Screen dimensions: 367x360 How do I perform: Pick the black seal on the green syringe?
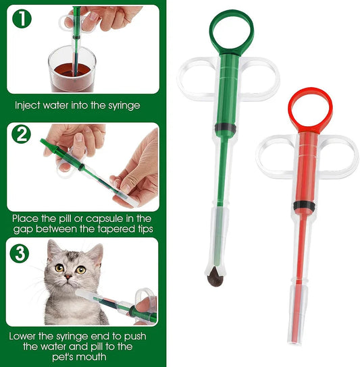(x=225, y=127)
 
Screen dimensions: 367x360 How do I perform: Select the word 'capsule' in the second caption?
(x=111, y=219)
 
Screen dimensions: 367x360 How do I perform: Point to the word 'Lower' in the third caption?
(x=26, y=335)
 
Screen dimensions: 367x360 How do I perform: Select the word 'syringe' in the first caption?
(x=123, y=106)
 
